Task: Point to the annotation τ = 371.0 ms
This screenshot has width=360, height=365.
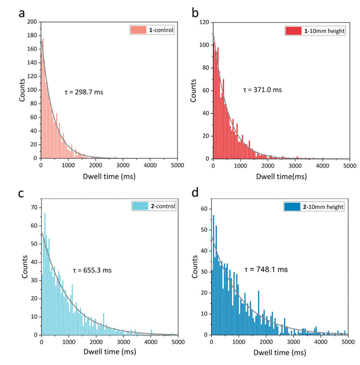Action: (262, 89)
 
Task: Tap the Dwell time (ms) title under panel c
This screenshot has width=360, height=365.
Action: (109, 355)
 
